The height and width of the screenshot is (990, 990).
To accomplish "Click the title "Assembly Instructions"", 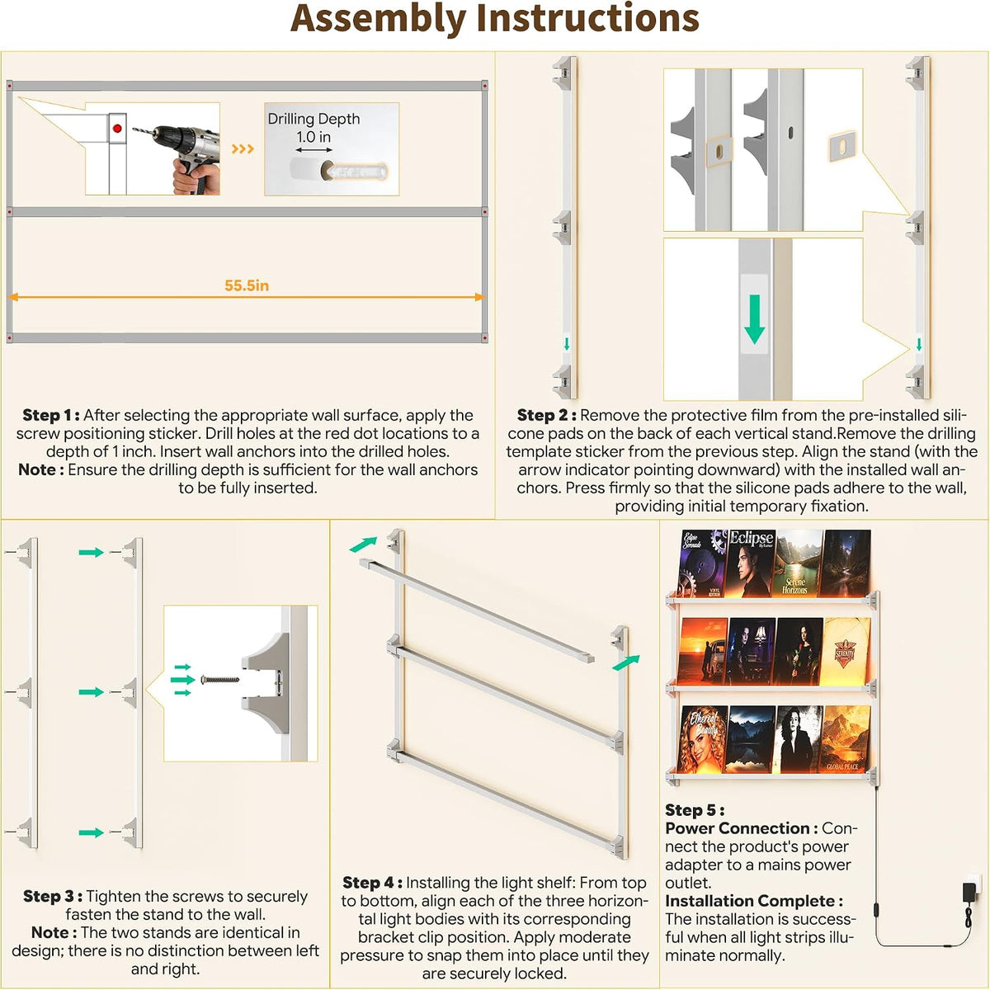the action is click(494, 20).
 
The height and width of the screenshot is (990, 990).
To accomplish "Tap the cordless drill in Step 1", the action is click(180, 157).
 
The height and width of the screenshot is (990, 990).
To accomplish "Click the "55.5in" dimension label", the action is click(247, 285).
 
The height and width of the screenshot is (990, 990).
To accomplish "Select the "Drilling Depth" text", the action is click(313, 119).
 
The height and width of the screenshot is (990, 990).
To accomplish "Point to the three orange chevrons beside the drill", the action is click(243, 149).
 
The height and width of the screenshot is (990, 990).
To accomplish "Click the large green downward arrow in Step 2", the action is click(754, 319).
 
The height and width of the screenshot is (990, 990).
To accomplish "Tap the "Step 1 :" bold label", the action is click(51, 415).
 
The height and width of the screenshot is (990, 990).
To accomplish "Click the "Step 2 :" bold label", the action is click(547, 415).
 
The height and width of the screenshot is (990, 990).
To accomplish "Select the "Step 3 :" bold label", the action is click(53, 897).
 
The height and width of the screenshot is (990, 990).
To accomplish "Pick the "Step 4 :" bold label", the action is click(372, 883).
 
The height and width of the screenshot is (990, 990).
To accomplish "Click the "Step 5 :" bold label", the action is click(695, 810).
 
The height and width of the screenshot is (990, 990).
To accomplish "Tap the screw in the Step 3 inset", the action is click(220, 680).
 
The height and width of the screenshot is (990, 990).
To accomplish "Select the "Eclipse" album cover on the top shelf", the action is click(750, 563).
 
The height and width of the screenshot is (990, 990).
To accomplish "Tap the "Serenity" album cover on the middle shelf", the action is click(845, 652).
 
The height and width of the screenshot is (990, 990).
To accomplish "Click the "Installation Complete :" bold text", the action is click(754, 901).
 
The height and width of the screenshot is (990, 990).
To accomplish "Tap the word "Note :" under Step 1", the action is click(41, 469).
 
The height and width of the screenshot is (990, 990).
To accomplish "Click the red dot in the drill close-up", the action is click(117, 129).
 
